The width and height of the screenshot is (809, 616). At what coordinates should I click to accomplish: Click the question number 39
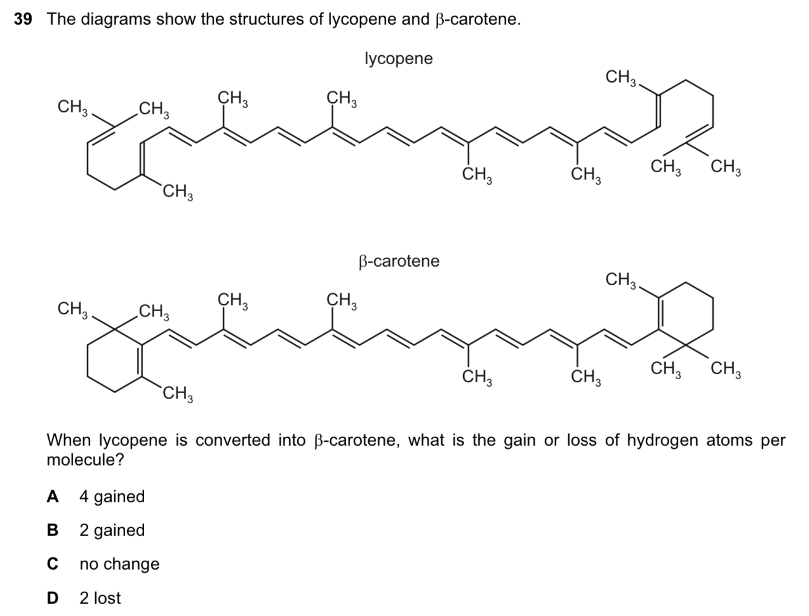click(x=23, y=19)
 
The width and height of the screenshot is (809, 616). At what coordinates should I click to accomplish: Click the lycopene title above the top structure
click(x=398, y=58)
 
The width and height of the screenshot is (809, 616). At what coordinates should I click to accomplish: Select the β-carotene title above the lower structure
click(x=398, y=261)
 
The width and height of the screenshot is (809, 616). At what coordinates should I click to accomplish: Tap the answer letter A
click(x=53, y=497)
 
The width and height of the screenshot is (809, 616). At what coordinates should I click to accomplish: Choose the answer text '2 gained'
click(x=112, y=530)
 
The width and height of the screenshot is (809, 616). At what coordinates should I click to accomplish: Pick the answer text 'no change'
click(x=119, y=564)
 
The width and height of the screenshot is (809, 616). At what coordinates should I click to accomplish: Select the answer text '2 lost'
click(x=100, y=598)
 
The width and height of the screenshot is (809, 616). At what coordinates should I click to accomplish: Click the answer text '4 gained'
click(x=112, y=497)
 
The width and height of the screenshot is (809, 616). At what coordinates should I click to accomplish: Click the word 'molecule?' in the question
click(x=85, y=460)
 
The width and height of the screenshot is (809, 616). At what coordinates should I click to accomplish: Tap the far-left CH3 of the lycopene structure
click(x=72, y=107)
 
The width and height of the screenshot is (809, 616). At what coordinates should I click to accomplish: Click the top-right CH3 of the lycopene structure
click(x=620, y=78)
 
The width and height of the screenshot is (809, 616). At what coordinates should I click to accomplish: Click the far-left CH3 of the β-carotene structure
click(x=72, y=309)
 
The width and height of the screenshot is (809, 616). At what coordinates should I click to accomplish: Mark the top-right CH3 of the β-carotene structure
click(x=620, y=279)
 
